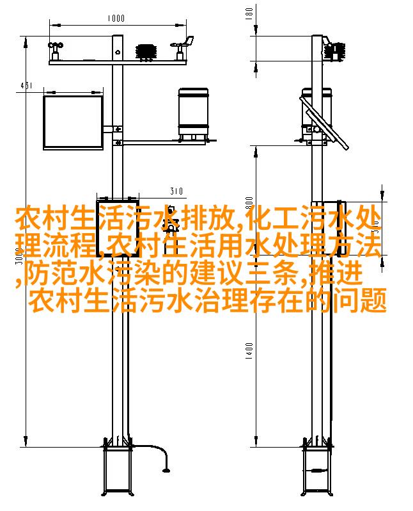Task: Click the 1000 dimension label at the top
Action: [x=116, y=18]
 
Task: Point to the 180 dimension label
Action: [x=249, y=13]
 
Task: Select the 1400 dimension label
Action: [x=249, y=351]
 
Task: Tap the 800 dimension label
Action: [x=249, y=203]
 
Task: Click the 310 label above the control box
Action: [x=176, y=191]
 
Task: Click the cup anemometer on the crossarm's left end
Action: [x=56, y=51]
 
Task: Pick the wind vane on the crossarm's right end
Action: [x=183, y=48]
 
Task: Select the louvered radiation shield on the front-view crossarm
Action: [x=146, y=52]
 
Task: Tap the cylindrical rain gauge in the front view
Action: [x=193, y=115]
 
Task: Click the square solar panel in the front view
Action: [x=74, y=122]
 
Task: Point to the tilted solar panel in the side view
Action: [x=324, y=123]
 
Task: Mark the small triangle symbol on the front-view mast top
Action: [x=118, y=51]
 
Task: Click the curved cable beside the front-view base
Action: [x=160, y=455]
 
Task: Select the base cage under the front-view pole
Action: [x=117, y=470]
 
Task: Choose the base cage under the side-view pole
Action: [x=316, y=470]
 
